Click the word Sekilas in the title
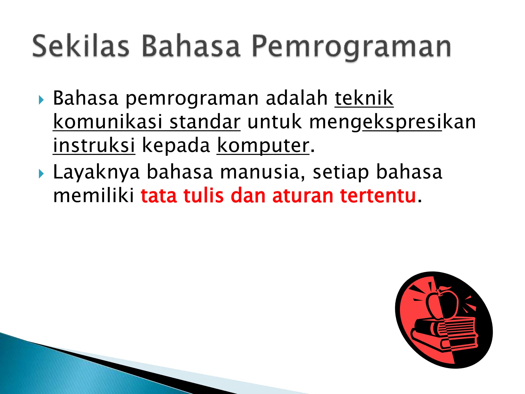coord(80,46)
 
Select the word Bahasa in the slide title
coord(191,46)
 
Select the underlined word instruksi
coord(94,145)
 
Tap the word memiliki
coord(94,196)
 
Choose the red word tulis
coord(204,196)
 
